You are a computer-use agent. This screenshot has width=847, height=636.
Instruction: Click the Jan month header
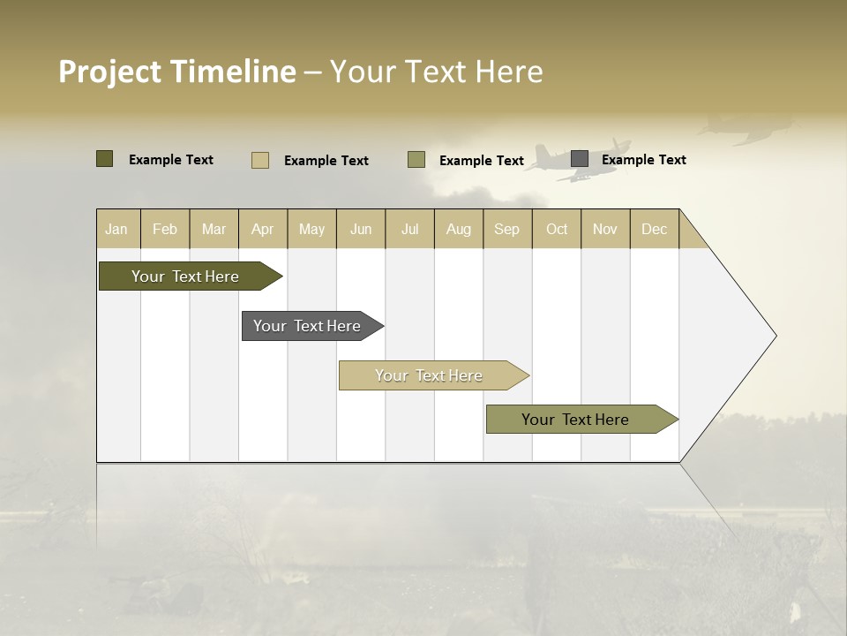(116, 229)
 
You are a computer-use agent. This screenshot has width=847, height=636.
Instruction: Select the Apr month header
(262, 229)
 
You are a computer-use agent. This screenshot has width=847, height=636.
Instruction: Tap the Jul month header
(409, 229)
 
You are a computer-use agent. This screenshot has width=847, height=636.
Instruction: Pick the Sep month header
(506, 229)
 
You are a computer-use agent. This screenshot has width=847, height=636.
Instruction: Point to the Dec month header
(654, 229)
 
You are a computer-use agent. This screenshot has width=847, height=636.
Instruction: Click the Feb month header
(165, 229)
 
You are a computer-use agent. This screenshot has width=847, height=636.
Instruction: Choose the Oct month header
(557, 229)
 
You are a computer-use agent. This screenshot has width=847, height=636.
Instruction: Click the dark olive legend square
(105, 159)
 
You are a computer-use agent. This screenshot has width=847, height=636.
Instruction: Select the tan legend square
(260, 160)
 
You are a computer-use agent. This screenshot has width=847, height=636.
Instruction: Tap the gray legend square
(580, 159)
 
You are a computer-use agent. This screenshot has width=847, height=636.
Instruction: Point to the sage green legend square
(416, 160)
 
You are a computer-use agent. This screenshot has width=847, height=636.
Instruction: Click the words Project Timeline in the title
(176, 72)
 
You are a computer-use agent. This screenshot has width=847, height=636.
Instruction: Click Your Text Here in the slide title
(437, 72)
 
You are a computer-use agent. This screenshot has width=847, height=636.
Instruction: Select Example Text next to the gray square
(643, 160)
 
